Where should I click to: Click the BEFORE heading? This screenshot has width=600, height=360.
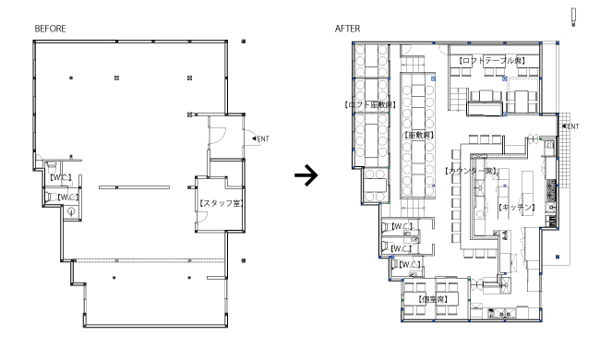tap(50, 29)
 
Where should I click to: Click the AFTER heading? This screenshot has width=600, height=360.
tap(347, 29)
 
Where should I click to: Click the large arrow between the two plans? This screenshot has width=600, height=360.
tap(306, 175)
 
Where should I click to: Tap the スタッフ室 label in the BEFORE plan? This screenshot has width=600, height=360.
tap(222, 203)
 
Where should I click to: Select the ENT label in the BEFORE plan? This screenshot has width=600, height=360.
tap(260, 138)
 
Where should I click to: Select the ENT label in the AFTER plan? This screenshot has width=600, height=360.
tap(570, 126)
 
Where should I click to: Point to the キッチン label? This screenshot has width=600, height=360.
tap(516, 208)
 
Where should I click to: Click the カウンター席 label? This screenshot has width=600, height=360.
tap(471, 171)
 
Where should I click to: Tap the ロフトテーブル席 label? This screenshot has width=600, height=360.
tap(492, 60)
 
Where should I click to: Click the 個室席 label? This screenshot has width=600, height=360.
tap(433, 299)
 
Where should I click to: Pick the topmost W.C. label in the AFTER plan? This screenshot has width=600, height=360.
tap(402, 226)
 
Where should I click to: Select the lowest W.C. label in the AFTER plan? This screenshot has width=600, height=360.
tap(409, 264)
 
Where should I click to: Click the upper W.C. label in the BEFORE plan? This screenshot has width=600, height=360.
tap(60, 177)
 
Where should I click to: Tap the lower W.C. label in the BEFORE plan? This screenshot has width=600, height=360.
tap(68, 198)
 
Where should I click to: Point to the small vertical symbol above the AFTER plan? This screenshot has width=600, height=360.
tap(573, 18)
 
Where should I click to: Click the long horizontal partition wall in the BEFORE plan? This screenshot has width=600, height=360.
tap(134, 187)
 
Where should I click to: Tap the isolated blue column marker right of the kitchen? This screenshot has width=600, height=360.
tap(558, 257)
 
